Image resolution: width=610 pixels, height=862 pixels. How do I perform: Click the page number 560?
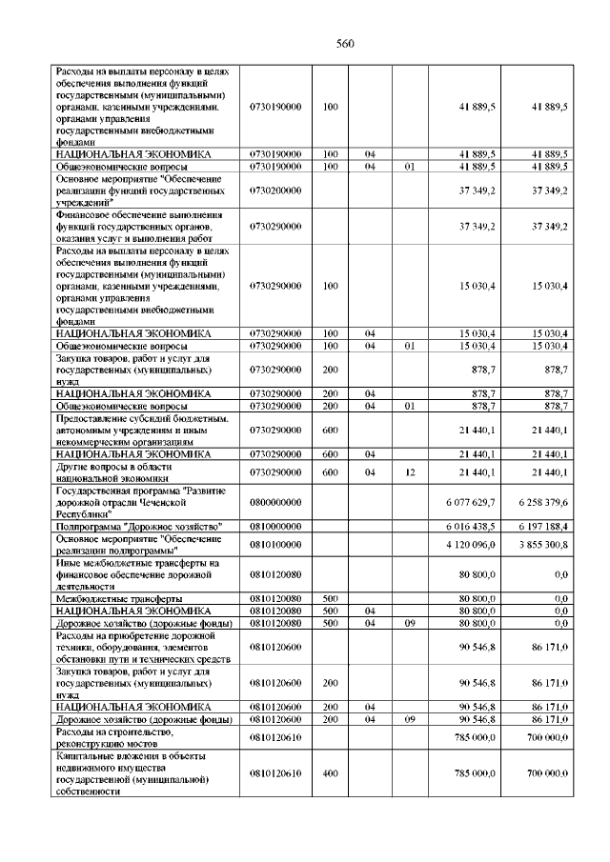[345, 44]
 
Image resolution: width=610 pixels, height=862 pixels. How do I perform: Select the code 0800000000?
[275, 501]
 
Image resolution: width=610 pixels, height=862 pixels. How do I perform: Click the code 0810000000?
[275, 526]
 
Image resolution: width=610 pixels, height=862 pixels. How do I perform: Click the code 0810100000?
[275, 544]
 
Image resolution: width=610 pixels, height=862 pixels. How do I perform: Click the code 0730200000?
[275, 190]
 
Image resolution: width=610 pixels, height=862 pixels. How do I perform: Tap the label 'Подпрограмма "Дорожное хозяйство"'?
[139, 526]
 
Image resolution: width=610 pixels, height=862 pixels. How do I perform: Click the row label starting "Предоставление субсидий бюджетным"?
[142, 430]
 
